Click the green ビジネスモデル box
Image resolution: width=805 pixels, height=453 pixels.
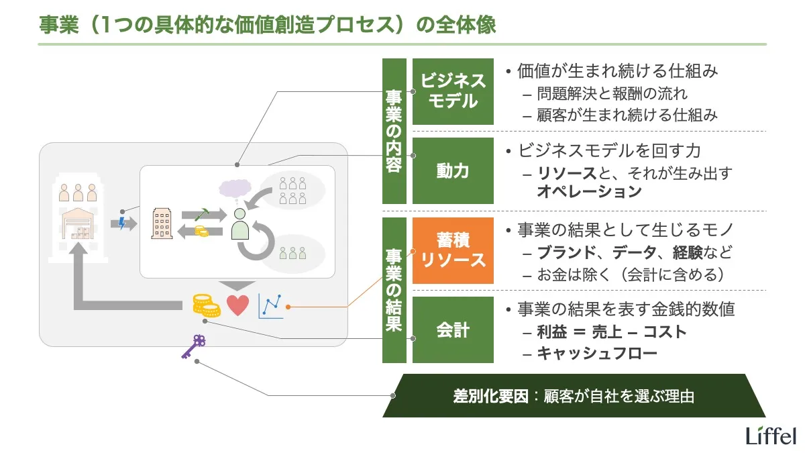point(453,91)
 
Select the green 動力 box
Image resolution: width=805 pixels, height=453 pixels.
point(453,171)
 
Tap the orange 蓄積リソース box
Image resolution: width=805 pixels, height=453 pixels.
point(453,250)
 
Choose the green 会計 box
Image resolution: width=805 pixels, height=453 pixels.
point(453,330)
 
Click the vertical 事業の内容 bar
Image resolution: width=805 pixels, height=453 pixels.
point(394,131)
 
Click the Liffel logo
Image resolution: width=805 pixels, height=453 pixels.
point(771,435)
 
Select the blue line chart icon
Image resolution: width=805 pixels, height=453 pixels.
point(270,306)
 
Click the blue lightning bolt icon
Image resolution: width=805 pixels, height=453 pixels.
point(121,223)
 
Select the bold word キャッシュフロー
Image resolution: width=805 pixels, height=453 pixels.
point(597,353)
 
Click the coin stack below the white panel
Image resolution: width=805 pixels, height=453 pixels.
point(207,305)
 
